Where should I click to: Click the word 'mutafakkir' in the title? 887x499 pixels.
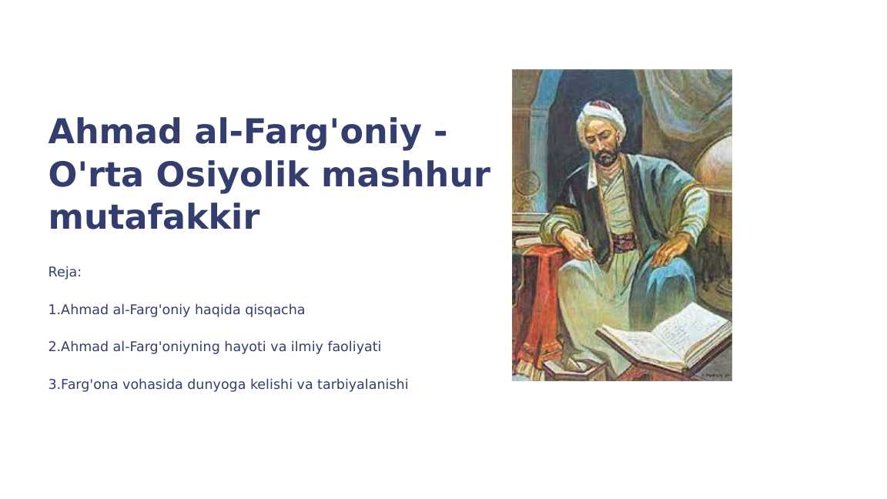click(154, 218)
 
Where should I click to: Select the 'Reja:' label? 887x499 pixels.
click(65, 273)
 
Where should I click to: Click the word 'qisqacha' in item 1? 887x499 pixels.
click(275, 310)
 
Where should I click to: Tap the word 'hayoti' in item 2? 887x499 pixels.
click(244, 347)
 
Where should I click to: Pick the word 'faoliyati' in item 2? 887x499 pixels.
click(354, 347)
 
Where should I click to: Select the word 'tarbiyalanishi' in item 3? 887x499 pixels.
click(363, 384)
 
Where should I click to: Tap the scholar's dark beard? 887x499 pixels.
click(605, 156)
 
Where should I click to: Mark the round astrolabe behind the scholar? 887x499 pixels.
click(527, 183)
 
